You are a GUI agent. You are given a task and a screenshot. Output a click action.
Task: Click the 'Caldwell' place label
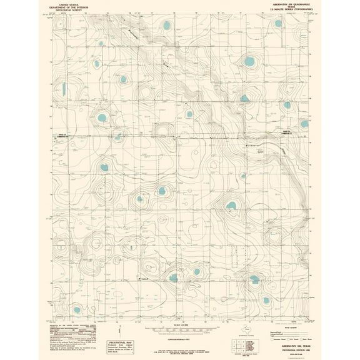coord(145,279)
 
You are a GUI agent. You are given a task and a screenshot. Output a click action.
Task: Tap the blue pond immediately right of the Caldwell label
coord(173,277)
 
